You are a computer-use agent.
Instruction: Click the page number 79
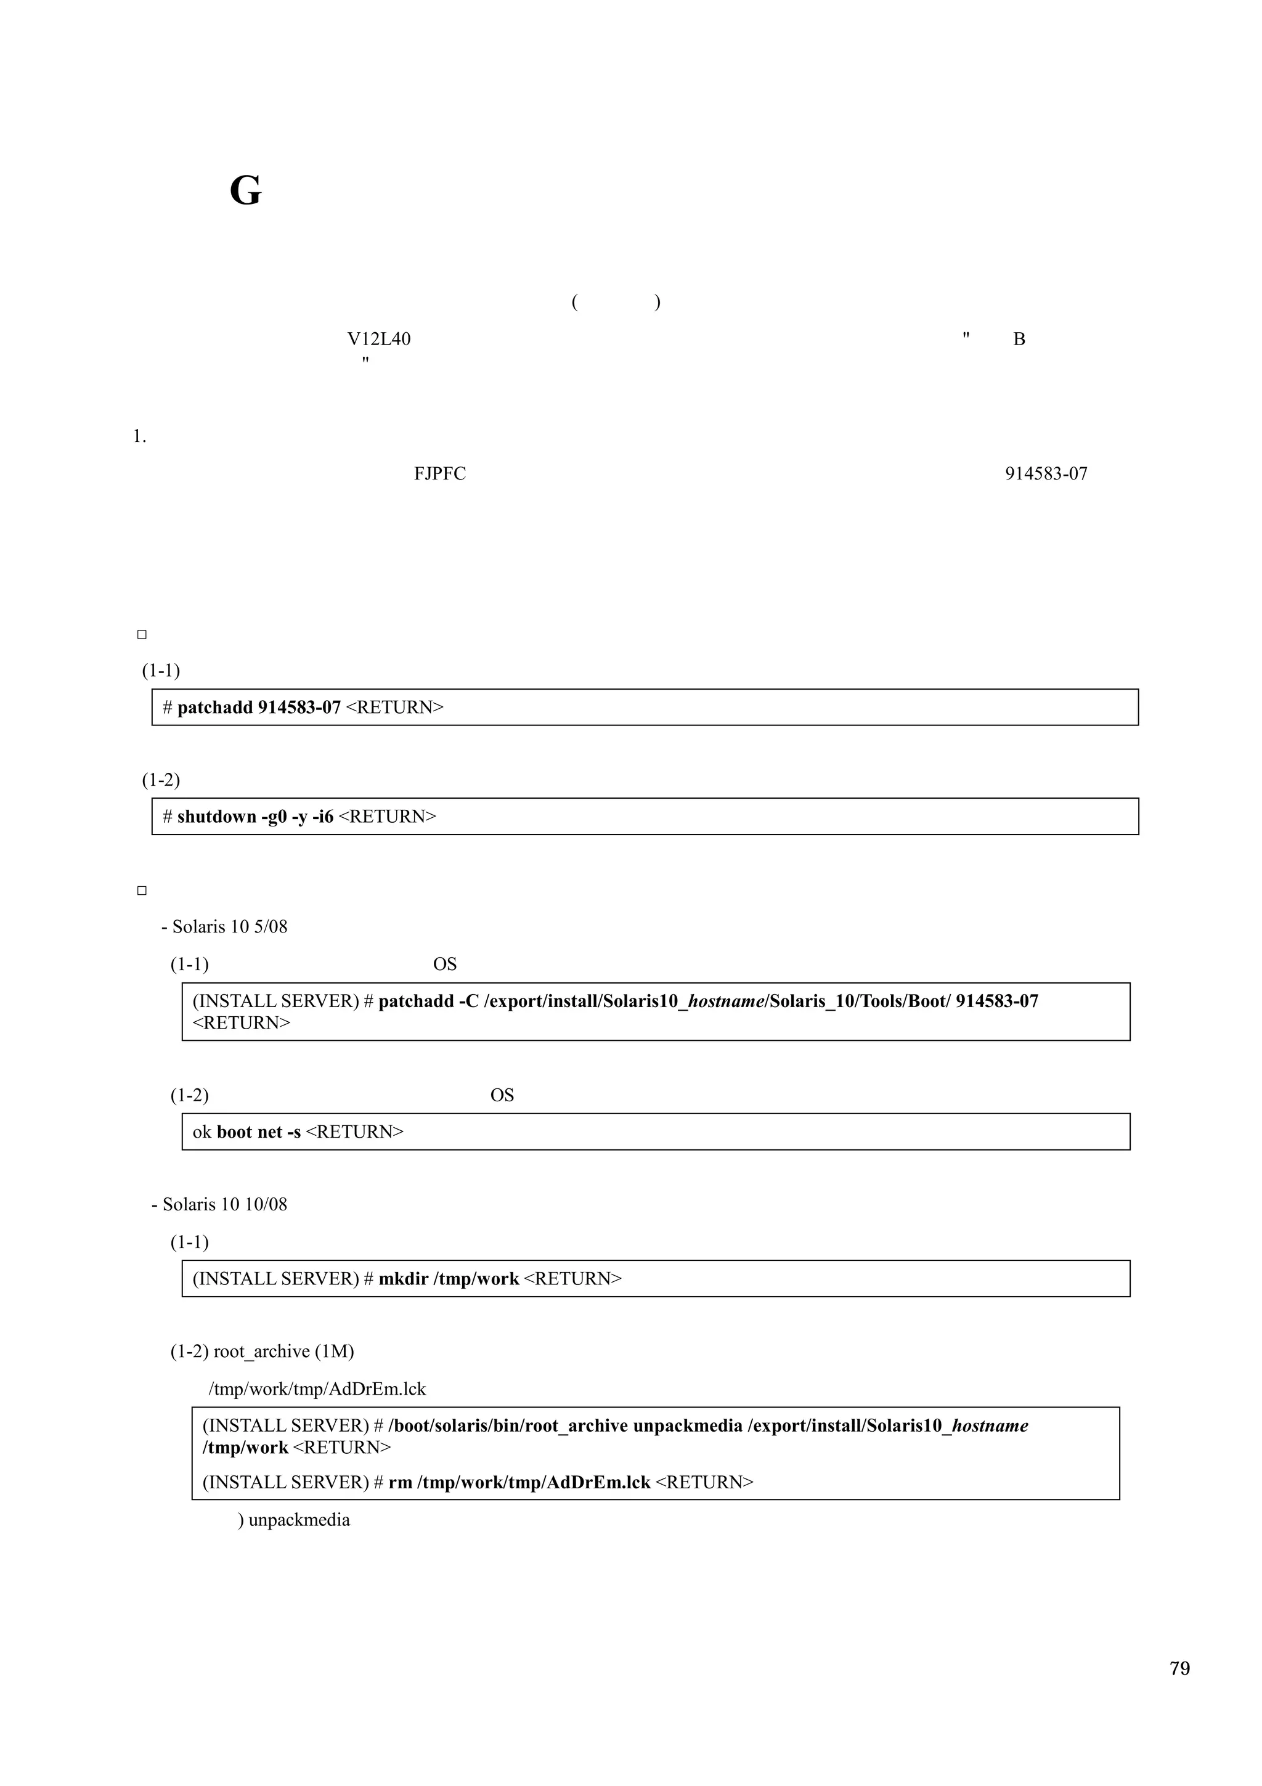click(x=1179, y=1668)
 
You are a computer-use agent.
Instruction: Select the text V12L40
click(x=379, y=339)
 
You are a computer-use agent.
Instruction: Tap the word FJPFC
click(x=439, y=474)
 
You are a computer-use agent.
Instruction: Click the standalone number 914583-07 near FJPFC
click(x=1046, y=474)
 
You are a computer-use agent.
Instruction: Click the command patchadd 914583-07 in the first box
click(x=259, y=707)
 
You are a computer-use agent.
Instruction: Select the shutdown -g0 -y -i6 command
click(x=255, y=816)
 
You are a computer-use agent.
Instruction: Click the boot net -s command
click(x=258, y=1132)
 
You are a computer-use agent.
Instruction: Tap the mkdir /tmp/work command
click(x=449, y=1279)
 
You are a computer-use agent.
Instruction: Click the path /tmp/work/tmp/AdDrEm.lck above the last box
click(x=317, y=1388)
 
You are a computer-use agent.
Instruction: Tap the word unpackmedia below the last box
click(x=299, y=1520)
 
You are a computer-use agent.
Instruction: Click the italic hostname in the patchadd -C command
click(x=727, y=1001)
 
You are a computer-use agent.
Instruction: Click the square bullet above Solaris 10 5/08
click(x=142, y=891)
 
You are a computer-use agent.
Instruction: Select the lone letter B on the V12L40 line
click(x=1019, y=339)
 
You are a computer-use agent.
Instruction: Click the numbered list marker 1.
click(x=139, y=436)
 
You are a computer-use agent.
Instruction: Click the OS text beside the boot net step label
click(x=502, y=1095)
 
